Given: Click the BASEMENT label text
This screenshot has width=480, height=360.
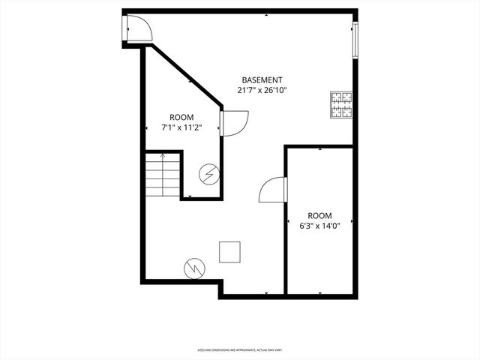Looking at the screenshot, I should (x=262, y=80).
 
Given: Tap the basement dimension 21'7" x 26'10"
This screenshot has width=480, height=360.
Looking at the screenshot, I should (x=262, y=90).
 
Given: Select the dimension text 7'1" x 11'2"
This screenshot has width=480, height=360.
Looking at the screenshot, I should (x=181, y=127).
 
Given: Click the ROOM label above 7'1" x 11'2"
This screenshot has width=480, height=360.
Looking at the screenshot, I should (x=181, y=117).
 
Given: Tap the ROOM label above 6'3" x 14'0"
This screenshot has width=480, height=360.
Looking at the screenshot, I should (x=319, y=215).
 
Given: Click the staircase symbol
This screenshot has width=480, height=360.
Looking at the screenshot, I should (x=163, y=174).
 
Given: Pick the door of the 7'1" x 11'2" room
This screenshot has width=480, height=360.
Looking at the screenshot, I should (x=235, y=122).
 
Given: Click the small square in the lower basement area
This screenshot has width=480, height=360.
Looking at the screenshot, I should (x=229, y=252).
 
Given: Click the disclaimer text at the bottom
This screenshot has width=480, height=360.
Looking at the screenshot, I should (x=239, y=349).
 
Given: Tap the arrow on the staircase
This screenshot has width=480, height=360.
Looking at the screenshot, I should (x=163, y=157).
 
